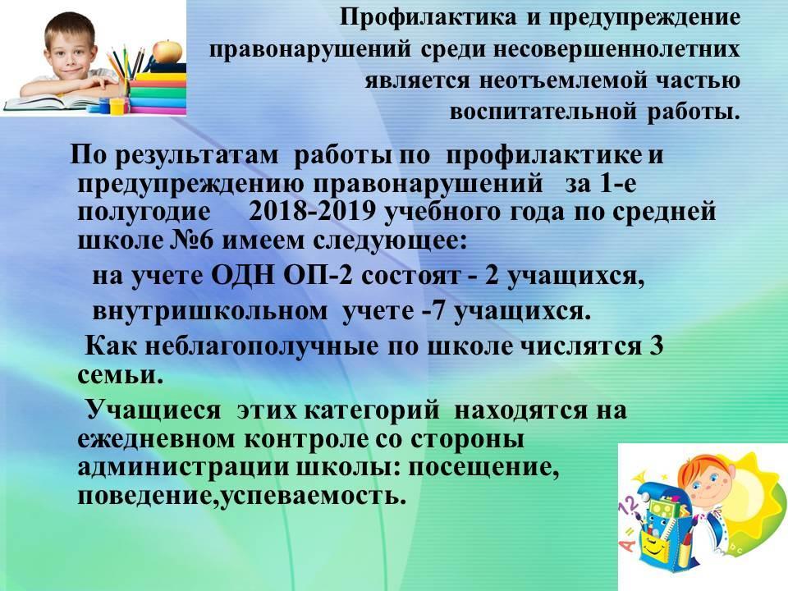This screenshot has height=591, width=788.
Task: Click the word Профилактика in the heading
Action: click(428, 17)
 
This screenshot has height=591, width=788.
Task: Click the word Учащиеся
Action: click(153, 410)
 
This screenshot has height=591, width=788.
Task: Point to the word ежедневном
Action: click(156, 439)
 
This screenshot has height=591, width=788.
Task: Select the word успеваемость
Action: click(312, 497)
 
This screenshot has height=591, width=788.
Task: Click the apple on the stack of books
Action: click(167, 50)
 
